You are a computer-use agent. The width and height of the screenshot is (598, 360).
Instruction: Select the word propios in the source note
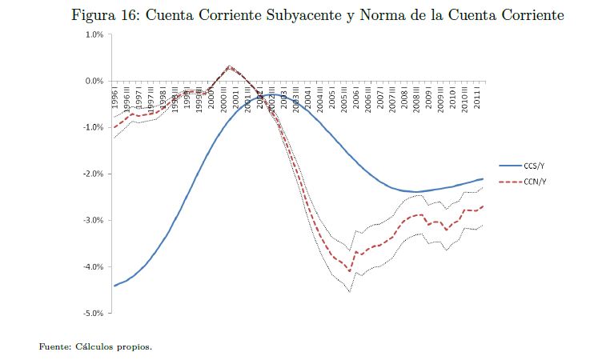pos(134,347)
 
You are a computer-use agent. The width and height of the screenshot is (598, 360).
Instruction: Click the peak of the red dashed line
pos(230,67)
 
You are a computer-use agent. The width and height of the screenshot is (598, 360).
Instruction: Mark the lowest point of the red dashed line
pos(350,271)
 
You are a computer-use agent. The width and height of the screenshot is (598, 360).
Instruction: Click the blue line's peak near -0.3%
pos(272,94)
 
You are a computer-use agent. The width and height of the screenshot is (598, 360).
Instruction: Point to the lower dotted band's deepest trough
pos(350,292)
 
